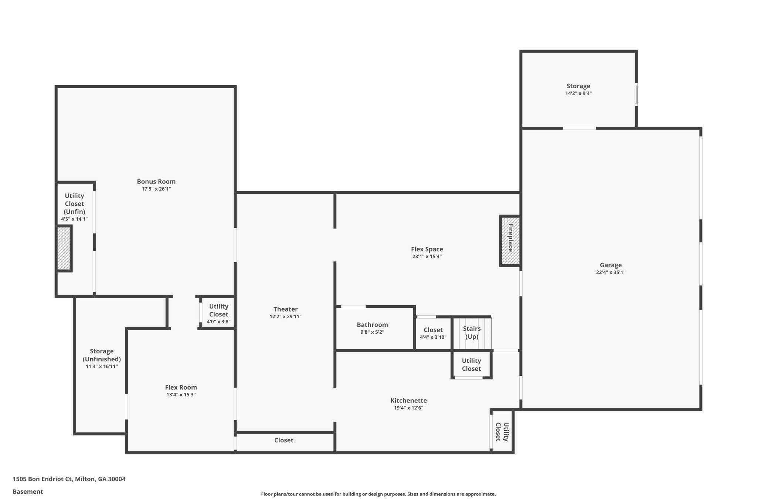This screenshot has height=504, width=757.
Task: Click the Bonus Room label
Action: [x=156, y=182]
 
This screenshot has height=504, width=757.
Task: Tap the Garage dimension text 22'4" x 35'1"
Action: [x=611, y=272]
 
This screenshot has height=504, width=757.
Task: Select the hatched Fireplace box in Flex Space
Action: [x=510, y=241]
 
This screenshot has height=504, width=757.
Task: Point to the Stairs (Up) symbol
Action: [x=472, y=333]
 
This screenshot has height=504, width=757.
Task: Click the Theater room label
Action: [x=285, y=309]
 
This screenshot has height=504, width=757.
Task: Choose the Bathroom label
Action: [x=372, y=325]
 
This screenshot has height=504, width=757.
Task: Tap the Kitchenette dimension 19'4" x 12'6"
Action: [x=408, y=408]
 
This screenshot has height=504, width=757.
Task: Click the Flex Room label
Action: [x=181, y=387]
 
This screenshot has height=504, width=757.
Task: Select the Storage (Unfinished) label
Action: [x=102, y=355]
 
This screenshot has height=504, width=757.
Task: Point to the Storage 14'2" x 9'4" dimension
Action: [x=578, y=93]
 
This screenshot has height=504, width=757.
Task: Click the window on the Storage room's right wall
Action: [x=636, y=95]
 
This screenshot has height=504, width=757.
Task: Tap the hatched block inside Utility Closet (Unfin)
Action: [x=64, y=248]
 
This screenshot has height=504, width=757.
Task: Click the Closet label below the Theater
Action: [x=284, y=440]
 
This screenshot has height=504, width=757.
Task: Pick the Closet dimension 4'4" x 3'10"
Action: [x=433, y=337]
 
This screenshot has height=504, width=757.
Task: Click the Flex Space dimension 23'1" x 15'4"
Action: [x=427, y=257]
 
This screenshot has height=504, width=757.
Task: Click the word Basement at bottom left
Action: [x=28, y=491]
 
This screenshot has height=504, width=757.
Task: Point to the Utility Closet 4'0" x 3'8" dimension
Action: [x=218, y=322]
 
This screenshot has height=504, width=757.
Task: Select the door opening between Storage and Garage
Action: [x=579, y=128]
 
